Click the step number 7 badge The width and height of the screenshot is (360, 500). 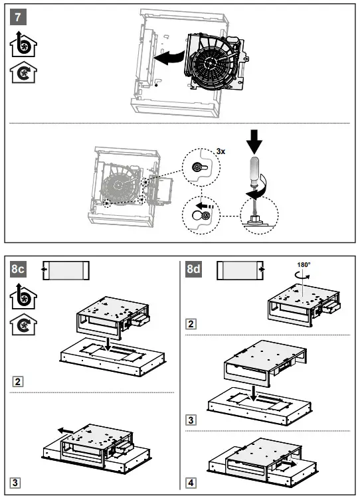pyautogui.click(x=18, y=17)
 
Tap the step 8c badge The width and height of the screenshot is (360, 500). pyautogui.click(x=18, y=269)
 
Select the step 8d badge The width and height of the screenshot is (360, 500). pyautogui.click(x=193, y=269)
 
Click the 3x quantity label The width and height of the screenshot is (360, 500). pyautogui.click(x=221, y=151)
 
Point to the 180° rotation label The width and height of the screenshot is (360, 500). pyautogui.click(x=304, y=265)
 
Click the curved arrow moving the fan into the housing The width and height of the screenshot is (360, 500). pyautogui.click(x=169, y=58)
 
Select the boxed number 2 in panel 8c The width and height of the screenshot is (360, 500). pyautogui.click(x=17, y=382)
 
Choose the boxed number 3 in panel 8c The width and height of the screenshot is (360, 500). pyautogui.click(x=15, y=483)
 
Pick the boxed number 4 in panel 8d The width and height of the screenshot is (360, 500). pyautogui.click(x=191, y=483)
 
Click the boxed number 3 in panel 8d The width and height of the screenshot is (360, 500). pyautogui.click(x=191, y=420)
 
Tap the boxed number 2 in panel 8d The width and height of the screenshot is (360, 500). pyautogui.click(x=191, y=324)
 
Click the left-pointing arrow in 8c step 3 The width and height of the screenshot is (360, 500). pyautogui.click(x=66, y=431)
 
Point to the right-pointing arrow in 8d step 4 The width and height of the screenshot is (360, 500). pyautogui.click(x=288, y=463)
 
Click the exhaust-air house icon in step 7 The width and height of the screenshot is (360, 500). pyautogui.click(x=23, y=44)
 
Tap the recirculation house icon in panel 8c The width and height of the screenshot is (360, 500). pyautogui.click(x=23, y=324)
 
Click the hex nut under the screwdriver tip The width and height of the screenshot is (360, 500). pyautogui.click(x=254, y=218)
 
